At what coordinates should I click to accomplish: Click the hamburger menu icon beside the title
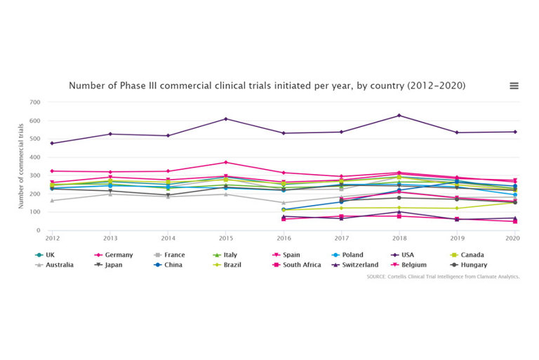[x=514, y=86]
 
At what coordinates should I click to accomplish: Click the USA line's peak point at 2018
[x=399, y=116]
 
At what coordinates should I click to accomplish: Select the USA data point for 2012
[x=52, y=143]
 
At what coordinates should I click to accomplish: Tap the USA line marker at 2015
[x=225, y=119]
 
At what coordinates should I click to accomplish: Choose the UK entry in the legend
[x=49, y=255]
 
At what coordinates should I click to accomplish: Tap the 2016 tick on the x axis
[x=284, y=239]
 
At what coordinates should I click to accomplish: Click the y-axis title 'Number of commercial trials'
[x=22, y=166]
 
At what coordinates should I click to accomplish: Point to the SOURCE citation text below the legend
[x=443, y=277]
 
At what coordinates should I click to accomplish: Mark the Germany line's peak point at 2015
[x=225, y=163]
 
